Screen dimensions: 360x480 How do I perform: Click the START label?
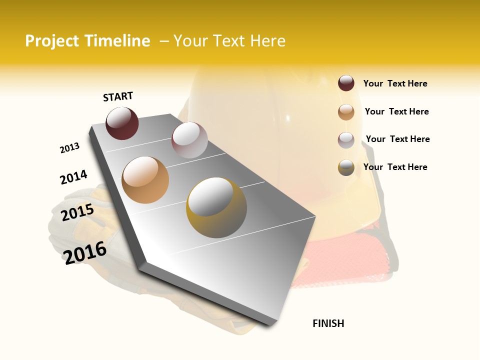click(118, 96)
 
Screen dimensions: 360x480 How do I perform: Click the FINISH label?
click(328, 323)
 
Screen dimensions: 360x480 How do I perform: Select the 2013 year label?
click(69, 148)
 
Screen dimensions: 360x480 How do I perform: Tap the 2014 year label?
click(73, 177)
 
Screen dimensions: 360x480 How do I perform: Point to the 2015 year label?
click(77, 212)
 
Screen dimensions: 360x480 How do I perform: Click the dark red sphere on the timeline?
click(122, 123)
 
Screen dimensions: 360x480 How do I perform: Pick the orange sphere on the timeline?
click(145, 180)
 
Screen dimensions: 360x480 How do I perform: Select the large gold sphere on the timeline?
click(216, 207)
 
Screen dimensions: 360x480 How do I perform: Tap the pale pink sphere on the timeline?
click(189, 140)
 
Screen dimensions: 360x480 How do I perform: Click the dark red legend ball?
click(346, 83)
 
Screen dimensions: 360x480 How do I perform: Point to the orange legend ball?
click(346, 112)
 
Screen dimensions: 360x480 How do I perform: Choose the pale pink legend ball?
click(346, 140)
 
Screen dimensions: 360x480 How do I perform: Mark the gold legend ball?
click(346, 167)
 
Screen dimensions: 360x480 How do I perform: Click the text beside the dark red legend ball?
click(395, 84)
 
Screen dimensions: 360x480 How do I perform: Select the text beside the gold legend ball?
click(395, 167)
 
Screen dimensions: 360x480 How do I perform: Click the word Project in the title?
click(52, 41)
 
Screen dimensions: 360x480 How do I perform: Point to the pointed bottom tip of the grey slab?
click(272, 324)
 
